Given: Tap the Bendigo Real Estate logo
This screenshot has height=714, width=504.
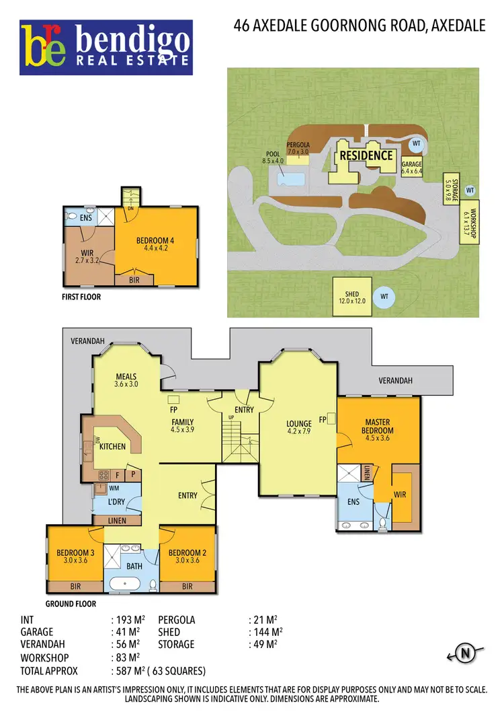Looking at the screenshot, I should tap(106, 46).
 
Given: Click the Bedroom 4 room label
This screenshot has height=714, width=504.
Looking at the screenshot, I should tap(155, 240).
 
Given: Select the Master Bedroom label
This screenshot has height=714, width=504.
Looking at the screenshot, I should tap(379, 427).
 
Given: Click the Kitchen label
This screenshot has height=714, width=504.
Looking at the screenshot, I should tap(113, 446).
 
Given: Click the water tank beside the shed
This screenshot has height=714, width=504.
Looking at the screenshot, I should tap(384, 296).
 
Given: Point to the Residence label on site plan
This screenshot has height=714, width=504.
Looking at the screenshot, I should tap(366, 155).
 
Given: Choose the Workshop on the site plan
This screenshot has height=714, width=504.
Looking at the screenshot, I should tap(469, 222).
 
